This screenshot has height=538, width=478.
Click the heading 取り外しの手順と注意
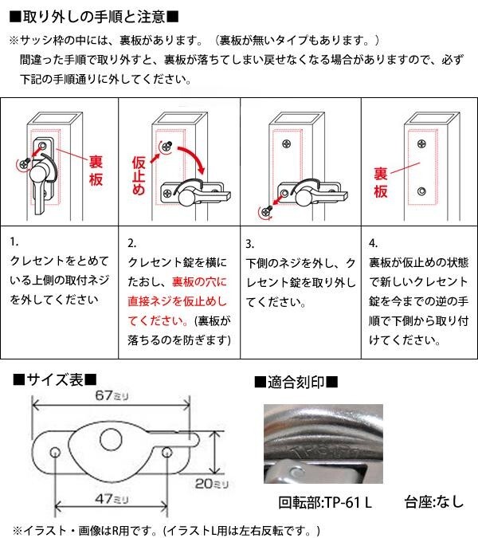click(94, 17)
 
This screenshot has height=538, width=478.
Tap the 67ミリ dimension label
click(112, 395)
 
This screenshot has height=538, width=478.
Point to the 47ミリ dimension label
click(112, 498)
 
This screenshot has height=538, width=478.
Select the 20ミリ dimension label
click(212, 484)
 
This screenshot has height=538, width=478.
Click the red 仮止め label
click(139, 176)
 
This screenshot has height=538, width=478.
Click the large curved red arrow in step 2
click(192, 159)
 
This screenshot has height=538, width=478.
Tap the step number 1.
click(14, 242)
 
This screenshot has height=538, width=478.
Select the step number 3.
click(249, 244)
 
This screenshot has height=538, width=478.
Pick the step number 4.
click(373, 243)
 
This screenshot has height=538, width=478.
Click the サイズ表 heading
click(55, 380)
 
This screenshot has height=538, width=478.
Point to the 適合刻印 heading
click(296, 382)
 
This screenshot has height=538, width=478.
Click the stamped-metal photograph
click(323, 444)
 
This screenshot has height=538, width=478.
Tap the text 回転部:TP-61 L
click(325, 503)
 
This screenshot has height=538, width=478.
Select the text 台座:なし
click(434, 502)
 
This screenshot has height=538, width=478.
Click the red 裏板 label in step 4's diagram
click(381, 183)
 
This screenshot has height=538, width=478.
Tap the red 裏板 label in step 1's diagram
click(96, 171)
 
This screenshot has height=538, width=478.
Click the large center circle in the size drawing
click(111, 439)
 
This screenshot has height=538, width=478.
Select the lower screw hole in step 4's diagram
click(421, 190)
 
